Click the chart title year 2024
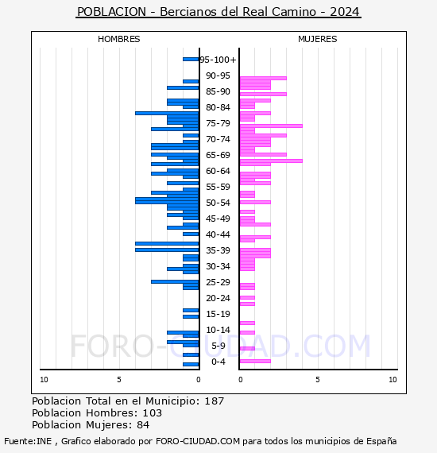coord(345,12)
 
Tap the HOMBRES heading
coord(118,39)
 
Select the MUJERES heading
coord(318,39)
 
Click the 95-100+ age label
coord(218,60)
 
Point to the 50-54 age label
coord(218,203)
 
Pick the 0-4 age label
coord(218,362)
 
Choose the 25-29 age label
coord(218,282)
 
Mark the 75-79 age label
coord(218,123)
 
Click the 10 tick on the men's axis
coord(44,380)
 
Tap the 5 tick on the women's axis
coord(318,380)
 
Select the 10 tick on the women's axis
coord(393,380)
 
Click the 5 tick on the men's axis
coord(119,380)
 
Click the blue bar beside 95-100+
coord(191,60)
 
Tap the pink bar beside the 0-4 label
coord(255,361)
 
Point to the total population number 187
coord(214,401)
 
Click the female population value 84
coord(143,425)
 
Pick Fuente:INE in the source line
coord(28,441)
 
